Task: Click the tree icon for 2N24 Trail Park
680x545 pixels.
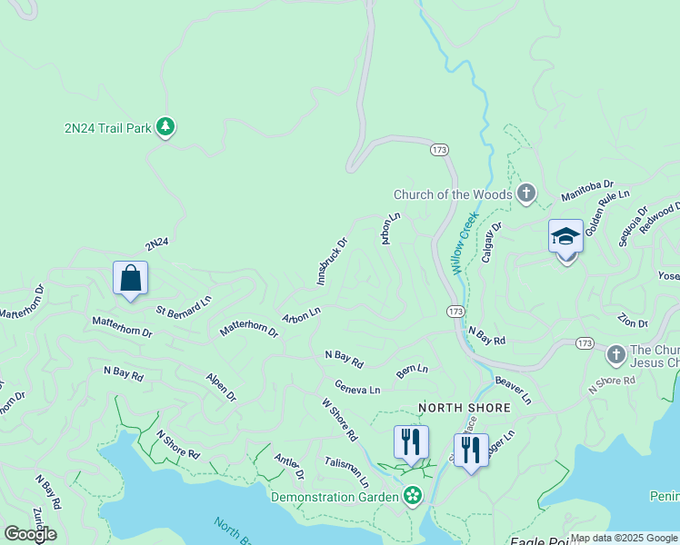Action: click(165, 127)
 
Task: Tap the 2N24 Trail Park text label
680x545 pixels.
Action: click(107, 129)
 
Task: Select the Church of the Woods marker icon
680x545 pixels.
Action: click(525, 193)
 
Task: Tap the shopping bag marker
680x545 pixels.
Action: click(130, 279)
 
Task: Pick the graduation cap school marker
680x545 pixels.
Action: click(565, 238)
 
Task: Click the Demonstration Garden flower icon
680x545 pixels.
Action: click(413, 496)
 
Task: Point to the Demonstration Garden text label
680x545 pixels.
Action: click(335, 497)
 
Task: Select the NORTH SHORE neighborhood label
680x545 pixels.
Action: click(464, 409)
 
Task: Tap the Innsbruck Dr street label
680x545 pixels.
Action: click(333, 263)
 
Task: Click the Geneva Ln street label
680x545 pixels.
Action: click(356, 388)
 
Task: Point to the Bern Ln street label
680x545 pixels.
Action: click(412, 370)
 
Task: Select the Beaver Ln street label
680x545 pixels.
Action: click(514, 391)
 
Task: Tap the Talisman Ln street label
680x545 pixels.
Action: click(346, 471)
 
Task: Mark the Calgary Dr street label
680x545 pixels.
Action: click(492, 244)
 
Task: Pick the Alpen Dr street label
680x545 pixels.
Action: click(220, 388)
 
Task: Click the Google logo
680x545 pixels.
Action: click(30, 533)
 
